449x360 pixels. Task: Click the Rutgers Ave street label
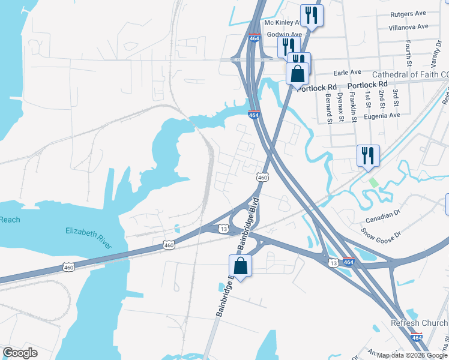(408, 13)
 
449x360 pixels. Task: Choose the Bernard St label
(328, 108)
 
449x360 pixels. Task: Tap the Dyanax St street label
(340, 103)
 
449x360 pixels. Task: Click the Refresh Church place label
(419, 323)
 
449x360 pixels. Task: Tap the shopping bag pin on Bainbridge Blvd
(240, 266)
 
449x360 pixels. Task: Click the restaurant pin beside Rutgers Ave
(312, 15)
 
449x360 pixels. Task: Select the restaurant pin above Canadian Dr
(367, 155)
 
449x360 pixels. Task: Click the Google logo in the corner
(20, 353)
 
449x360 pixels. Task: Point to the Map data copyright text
(412, 355)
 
